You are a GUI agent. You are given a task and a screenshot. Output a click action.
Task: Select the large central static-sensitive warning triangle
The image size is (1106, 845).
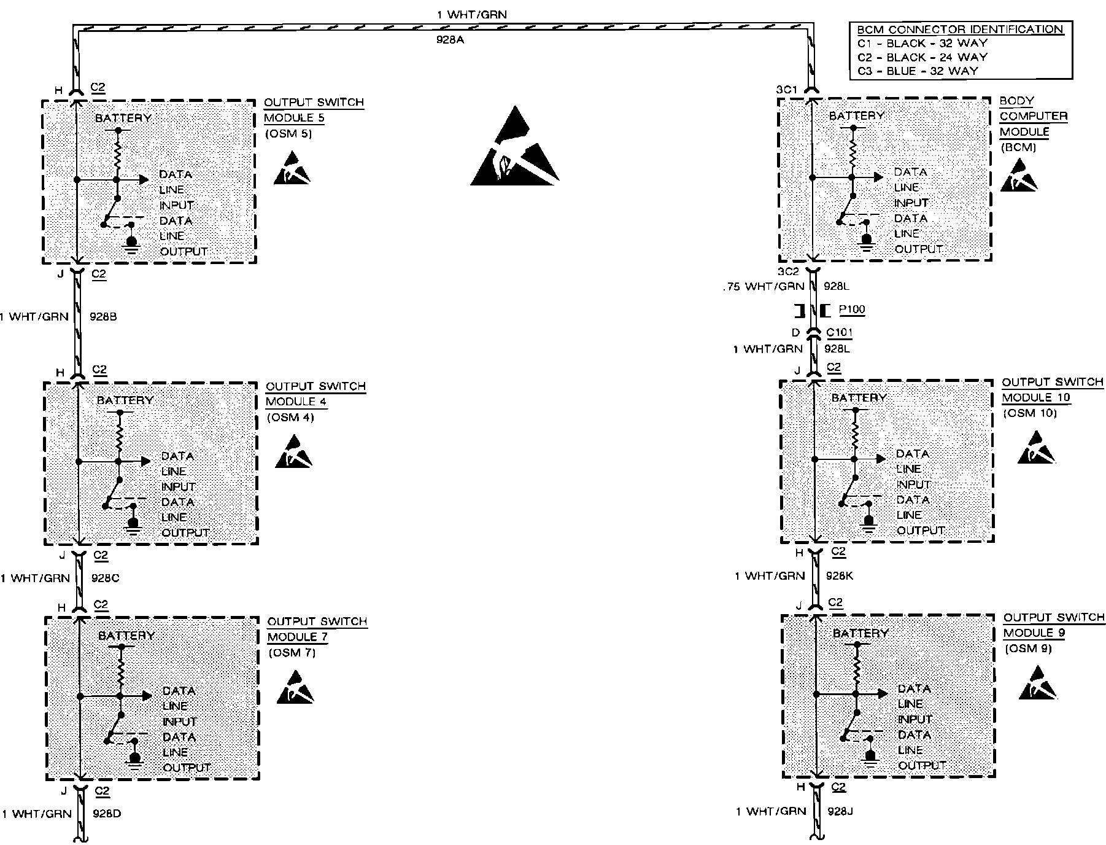514,147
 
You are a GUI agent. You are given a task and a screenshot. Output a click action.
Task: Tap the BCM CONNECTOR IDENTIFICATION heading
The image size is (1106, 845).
960,29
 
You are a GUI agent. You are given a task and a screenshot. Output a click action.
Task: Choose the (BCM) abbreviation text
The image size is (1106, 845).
1018,147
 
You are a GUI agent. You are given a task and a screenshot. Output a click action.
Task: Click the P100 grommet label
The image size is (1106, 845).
851,310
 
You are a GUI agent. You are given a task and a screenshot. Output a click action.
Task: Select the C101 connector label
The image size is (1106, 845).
839,333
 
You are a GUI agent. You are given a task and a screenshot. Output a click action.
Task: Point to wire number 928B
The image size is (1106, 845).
103,317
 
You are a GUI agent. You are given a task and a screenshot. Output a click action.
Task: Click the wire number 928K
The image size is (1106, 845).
839,576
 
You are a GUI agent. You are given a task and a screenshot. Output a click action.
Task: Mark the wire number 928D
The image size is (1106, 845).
106,814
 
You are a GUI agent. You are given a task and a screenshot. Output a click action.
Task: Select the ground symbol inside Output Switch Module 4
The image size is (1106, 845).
133,526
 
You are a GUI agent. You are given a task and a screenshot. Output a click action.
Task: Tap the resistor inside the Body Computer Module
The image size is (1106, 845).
853,150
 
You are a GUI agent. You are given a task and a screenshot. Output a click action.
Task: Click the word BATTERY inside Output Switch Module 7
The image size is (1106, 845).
126,636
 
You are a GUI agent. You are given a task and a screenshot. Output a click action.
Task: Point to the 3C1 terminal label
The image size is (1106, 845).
786,90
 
